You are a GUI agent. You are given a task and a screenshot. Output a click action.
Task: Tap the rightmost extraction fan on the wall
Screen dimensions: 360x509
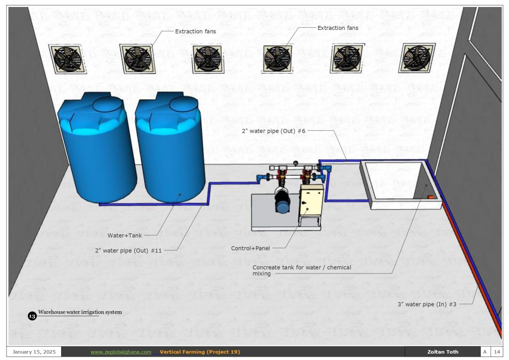418,59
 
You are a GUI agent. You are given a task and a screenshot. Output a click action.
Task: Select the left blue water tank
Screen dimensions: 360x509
97,154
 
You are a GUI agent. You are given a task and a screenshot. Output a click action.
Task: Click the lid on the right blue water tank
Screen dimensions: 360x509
183,103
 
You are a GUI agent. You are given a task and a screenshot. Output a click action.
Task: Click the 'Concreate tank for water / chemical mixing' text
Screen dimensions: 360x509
302,270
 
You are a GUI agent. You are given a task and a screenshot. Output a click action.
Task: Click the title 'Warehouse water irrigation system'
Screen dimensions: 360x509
80,312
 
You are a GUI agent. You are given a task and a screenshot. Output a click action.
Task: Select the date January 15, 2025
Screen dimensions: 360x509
34,352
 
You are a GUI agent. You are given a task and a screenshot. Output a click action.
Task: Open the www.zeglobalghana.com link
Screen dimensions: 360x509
121,352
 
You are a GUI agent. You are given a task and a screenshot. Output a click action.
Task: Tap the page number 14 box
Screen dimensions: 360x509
496,352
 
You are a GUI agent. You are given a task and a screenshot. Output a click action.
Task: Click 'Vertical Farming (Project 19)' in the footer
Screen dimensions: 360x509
200,352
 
